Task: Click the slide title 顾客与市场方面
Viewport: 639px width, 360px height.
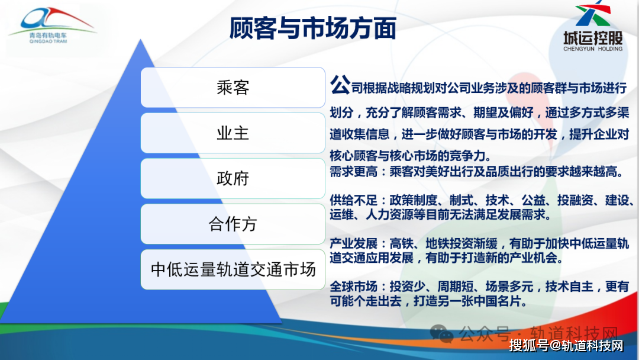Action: (x=312, y=28)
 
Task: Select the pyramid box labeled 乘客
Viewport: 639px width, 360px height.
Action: (x=233, y=87)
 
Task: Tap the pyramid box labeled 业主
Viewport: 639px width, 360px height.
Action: (x=233, y=133)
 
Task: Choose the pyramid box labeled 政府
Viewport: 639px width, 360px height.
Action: (x=233, y=179)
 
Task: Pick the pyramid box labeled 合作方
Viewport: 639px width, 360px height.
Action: (x=233, y=224)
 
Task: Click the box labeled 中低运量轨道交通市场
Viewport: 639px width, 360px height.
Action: (x=233, y=269)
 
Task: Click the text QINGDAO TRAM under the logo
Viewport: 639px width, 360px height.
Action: (x=48, y=41)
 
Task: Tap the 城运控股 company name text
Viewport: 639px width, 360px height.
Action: (x=593, y=38)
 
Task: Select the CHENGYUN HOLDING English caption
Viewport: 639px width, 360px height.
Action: (x=593, y=49)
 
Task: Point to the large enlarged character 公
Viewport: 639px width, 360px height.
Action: (x=340, y=85)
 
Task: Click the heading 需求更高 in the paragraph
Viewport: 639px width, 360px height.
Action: (x=353, y=172)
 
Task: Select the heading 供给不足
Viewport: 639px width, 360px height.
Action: (x=353, y=200)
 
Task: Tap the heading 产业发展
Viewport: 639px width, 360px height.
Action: (x=353, y=243)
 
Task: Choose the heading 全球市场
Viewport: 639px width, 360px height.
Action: (x=353, y=287)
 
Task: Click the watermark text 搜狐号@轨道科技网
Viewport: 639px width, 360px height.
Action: (x=566, y=346)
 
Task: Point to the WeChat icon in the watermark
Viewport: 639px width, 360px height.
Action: (x=442, y=334)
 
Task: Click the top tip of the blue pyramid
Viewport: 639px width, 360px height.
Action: (x=141, y=40)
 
